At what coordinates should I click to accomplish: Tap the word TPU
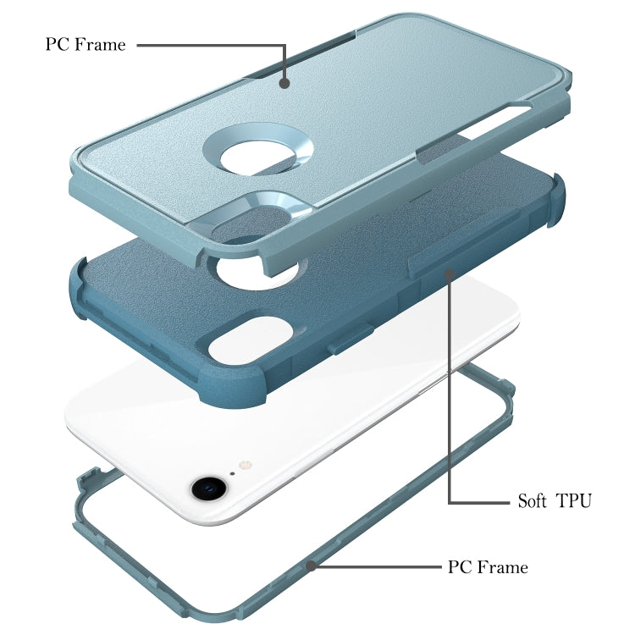pyautogui.click(x=574, y=500)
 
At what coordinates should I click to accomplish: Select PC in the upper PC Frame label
pyautogui.click(x=57, y=45)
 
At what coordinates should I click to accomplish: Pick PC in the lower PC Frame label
pyautogui.click(x=460, y=567)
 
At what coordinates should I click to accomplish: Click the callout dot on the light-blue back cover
pyautogui.click(x=285, y=83)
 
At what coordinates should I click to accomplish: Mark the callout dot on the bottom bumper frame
pyautogui.click(x=312, y=564)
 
